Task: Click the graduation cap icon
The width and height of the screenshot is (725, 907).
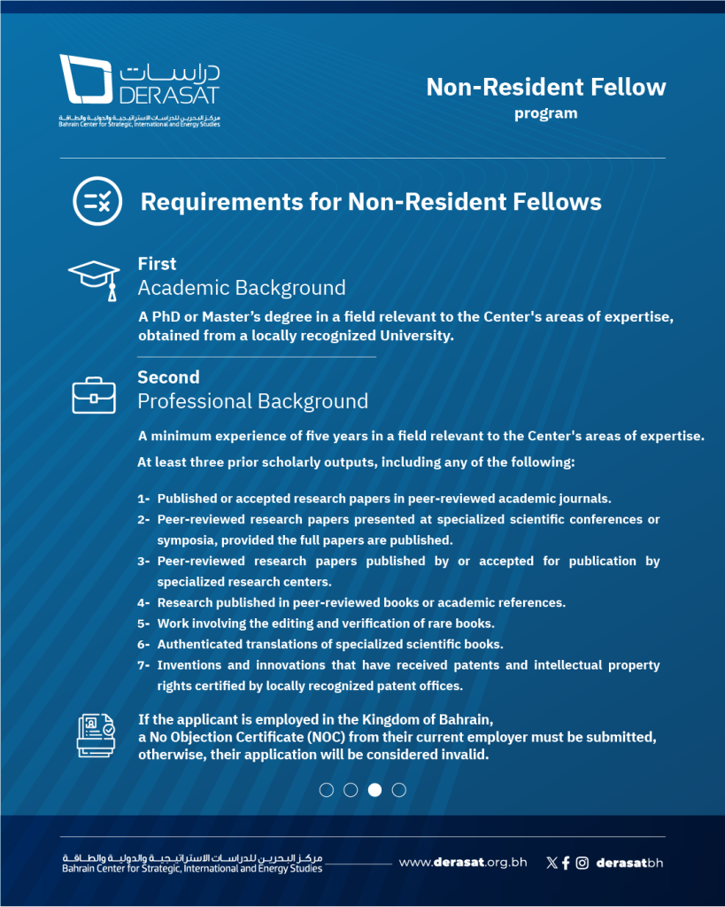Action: point(94,277)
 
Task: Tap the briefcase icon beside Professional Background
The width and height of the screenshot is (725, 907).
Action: point(94,395)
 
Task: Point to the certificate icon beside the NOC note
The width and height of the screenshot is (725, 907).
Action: point(96,735)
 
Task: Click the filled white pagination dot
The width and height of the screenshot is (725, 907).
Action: point(374,790)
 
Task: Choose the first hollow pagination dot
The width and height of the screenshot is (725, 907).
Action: point(327,790)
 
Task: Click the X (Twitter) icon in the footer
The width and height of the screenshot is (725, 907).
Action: point(552,863)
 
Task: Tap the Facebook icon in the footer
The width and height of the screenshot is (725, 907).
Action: point(566,863)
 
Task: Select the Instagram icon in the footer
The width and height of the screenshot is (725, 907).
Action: point(582,863)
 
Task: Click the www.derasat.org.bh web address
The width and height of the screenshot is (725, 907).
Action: point(462,863)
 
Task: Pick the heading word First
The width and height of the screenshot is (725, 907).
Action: point(157,264)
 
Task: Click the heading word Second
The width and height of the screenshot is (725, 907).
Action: point(168,377)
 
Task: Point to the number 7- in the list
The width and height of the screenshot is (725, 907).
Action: point(143,665)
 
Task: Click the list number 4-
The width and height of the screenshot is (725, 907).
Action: point(143,603)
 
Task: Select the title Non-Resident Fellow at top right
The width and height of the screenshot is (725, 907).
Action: point(545,87)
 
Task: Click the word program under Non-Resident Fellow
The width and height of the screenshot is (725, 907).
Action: point(545,113)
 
